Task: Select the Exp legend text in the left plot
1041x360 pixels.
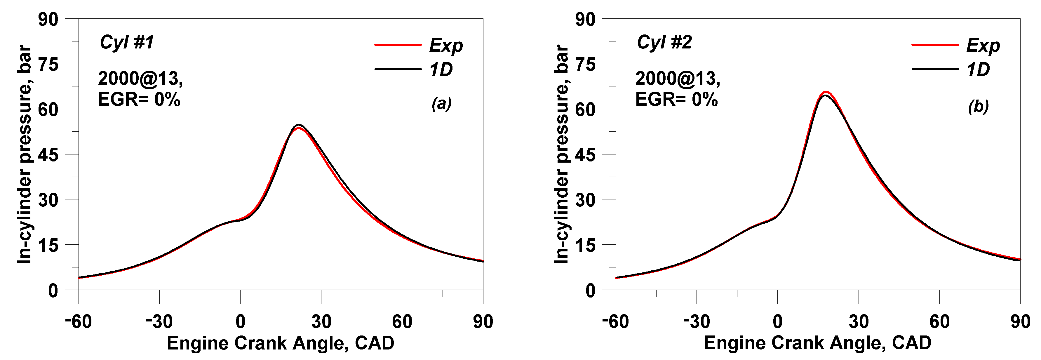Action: [x=446, y=45]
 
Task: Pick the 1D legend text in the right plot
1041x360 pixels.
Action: [x=978, y=70]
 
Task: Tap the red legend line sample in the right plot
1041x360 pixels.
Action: [x=935, y=44]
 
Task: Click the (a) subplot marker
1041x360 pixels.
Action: [x=441, y=104]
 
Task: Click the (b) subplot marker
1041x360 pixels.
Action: [x=978, y=107]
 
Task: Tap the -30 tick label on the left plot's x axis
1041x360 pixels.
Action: [x=159, y=322]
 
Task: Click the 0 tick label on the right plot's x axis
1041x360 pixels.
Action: [x=777, y=322]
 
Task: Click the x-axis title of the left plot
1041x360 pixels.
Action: [x=281, y=343]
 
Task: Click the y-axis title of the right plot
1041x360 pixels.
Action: [x=561, y=155]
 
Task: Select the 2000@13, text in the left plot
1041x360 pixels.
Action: [x=140, y=78]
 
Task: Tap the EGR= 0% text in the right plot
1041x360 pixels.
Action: [x=676, y=99]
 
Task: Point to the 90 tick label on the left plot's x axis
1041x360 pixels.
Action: [x=483, y=322]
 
